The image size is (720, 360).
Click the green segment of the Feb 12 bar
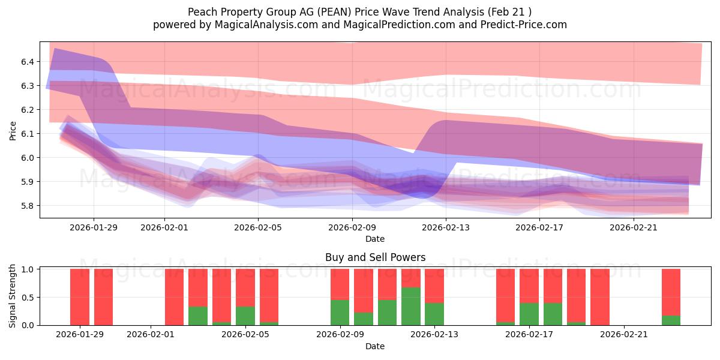410,306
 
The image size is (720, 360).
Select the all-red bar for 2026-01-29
80,297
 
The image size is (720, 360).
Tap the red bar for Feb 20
599,297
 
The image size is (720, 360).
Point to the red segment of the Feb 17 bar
529,286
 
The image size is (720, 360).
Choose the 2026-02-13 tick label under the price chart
446,227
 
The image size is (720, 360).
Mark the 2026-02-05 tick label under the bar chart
245,334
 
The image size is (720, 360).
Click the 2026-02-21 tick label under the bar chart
625,334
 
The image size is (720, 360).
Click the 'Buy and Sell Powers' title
375,257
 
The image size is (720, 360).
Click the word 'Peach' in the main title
202,11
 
